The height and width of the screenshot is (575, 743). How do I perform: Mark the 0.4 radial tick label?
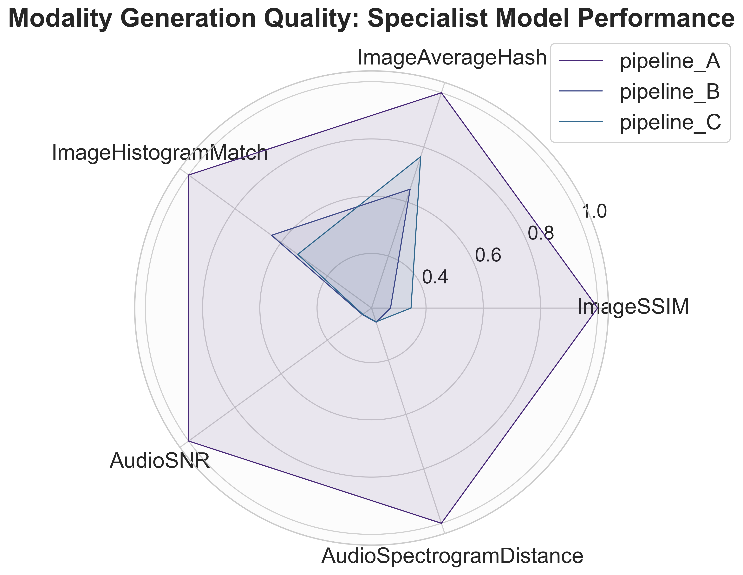(x=435, y=277)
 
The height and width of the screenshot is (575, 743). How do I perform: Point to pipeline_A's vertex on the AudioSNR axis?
(x=188, y=441)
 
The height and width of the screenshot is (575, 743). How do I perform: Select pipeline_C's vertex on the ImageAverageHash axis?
(x=420, y=157)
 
